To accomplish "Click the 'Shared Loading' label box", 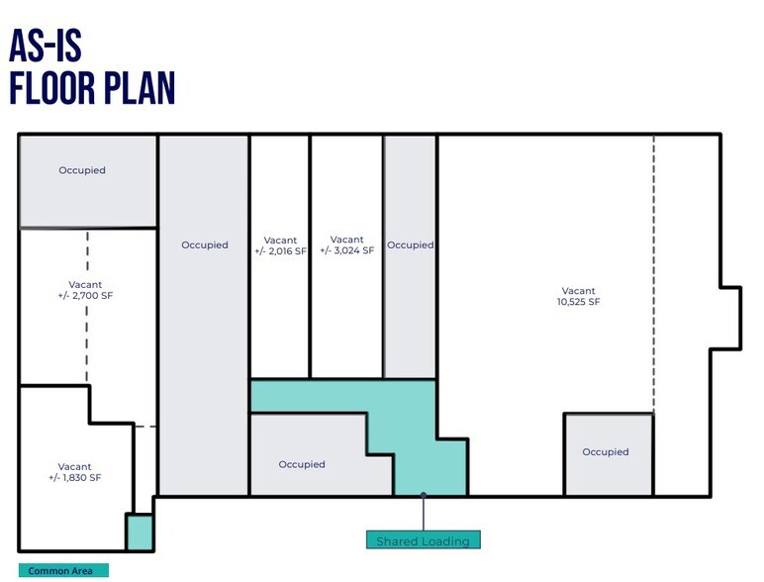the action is [423, 540].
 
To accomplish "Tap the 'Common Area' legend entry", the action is [63, 570].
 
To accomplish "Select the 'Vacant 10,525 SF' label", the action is [578, 296].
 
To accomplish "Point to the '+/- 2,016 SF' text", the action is [280, 251].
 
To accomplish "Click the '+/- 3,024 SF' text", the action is [347, 250].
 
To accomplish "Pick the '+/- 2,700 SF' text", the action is [85, 295].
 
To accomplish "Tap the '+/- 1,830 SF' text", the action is [74, 478].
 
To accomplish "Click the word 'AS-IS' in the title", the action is [45, 46].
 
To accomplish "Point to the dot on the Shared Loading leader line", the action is [424, 495].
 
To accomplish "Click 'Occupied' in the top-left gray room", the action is [82, 170].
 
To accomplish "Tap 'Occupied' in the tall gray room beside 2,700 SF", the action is [205, 244].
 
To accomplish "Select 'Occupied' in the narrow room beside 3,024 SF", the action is [411, 244].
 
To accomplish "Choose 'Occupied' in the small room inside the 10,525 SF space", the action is [606, 452].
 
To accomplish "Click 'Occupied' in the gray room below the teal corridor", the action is [302, 464].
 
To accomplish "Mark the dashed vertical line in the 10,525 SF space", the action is [654, 274].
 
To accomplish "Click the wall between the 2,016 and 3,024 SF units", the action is [310, 256].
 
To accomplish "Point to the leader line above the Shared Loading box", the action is [424, 514].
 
